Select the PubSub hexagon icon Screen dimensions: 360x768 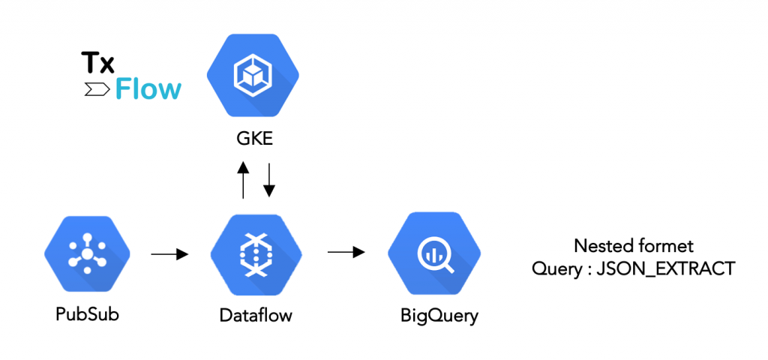[x=87, y=255]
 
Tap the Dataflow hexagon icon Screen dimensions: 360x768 [x=255, y=255]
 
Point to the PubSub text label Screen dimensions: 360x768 [x=87, y=313]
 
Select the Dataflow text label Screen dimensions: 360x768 [x=256, y=315]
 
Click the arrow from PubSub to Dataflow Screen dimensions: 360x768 [x=169, y=255]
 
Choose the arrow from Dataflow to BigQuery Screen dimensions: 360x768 [x=346, y=252]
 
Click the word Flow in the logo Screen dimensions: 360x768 [x=148, y=89]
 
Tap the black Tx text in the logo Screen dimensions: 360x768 [x=97, y=63]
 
